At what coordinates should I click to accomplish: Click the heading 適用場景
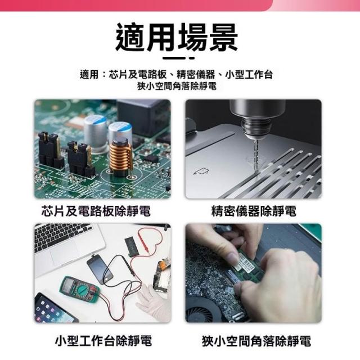177,37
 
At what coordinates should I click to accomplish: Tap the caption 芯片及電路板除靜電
96,211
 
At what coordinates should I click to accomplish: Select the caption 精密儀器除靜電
254,211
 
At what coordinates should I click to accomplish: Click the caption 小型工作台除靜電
103,340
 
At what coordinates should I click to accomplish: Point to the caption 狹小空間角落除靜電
256,341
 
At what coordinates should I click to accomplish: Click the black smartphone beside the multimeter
100,270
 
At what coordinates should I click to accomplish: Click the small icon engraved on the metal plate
201,171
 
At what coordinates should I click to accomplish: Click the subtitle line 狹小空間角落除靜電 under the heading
177,86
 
